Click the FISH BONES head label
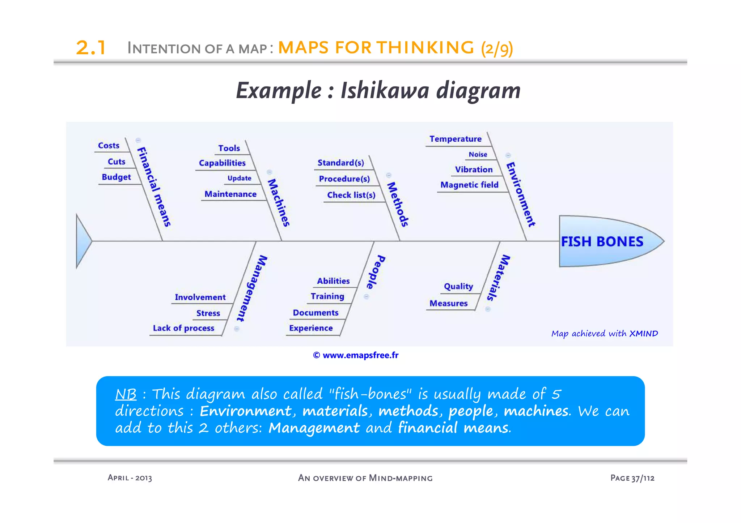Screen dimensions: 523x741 coord(602,241)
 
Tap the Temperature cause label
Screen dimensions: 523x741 coord(455,139)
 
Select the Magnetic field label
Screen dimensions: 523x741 coord(469,185)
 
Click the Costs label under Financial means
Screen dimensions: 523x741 coord(109,146)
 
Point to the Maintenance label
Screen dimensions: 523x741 coord(230,194)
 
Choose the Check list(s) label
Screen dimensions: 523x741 coord(351,195)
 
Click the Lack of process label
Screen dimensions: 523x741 coord(183,328)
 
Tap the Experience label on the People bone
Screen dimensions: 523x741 coord(311,328)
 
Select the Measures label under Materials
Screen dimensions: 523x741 coord(448,304)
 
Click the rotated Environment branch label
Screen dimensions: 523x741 coord(520,194)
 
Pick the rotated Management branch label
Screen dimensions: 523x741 coord(252,288)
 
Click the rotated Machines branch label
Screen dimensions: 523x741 coord(279,202)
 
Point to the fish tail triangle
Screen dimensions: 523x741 coord(82,241)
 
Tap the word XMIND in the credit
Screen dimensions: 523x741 coord(643,334)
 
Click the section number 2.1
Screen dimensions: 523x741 coord(91,48)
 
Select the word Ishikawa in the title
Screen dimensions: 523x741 coord(385,90)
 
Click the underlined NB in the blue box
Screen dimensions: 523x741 coord(126,394)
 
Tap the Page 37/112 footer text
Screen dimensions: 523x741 coord(632,478)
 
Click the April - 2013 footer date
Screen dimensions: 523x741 coord(130,478)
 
